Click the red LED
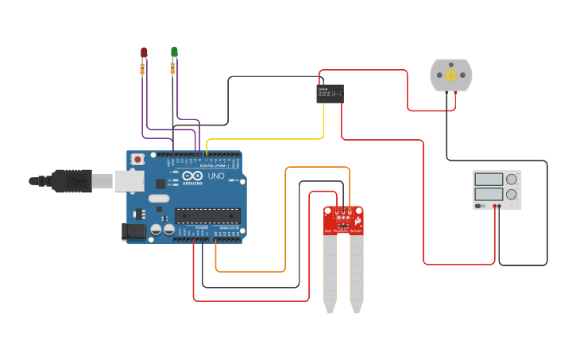pos(144,52)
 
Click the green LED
pos(174,52)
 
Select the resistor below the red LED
pos(142,70)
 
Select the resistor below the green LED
pos(172,69)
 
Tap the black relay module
pos(330,93)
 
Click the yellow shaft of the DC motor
pos(450,75)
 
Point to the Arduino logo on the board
pos(192,176)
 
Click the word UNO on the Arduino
pos(216,176)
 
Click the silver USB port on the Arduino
pos(128,181)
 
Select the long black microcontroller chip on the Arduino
pos(207,215)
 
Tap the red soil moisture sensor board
pos(343,220)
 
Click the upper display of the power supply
pos(489,180)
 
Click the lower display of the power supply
pos(489,194)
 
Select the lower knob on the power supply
pos(512,194)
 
